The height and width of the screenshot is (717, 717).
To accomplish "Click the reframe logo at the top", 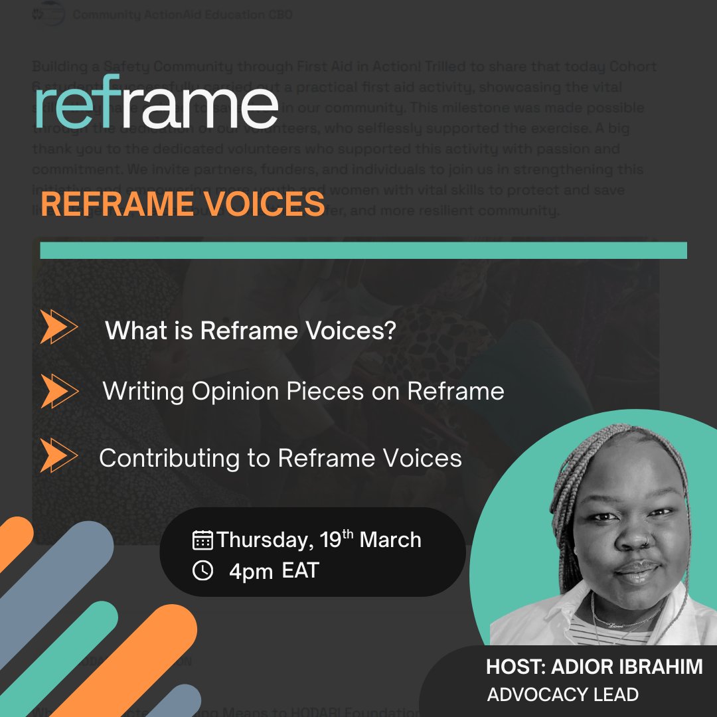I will [157, 104].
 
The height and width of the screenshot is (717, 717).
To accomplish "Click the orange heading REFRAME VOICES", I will [183, 205].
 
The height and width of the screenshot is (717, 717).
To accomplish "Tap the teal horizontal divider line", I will [363, 250].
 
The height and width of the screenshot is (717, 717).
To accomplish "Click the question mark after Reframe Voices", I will [389, 330].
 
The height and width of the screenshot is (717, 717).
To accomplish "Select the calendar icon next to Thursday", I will [202, 540].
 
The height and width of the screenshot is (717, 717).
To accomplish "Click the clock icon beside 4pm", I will [202, 570].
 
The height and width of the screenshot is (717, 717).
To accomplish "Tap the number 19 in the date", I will [330, 540].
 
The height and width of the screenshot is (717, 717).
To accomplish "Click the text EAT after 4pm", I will [300, 570].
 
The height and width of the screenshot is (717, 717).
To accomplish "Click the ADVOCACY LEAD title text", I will [563, 694].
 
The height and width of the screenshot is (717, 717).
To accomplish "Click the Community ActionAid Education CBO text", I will [183, 15].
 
